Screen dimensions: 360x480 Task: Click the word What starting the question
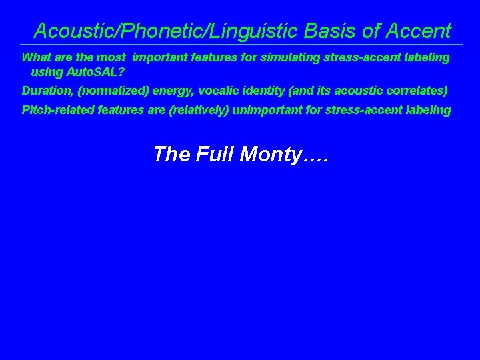coord(35,57)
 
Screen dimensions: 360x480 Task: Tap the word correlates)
coord(417,90)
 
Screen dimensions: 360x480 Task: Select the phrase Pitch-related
coord(58,110)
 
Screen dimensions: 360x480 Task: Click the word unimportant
coord(265,110)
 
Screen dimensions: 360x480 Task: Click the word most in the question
coord(111,57)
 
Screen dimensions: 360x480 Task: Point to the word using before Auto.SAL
coord(47,71)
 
